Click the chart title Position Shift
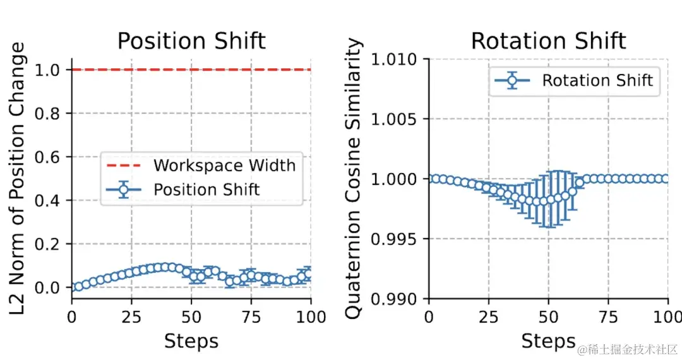pyautogui.click(x=191, y=41)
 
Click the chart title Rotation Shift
pyautogui.click(x=548, y=41)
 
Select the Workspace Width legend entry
pyautogui.click(x=224, y=165)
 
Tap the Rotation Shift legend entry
pyautogui.click(x=597, y=80)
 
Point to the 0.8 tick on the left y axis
pyautogui.click(x=54, y=114)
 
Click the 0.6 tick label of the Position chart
pyautogui.click(x=54, y=157)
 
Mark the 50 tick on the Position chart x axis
pyautogui.click(x=191, y=316)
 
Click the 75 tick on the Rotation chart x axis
pyautogui.click(x=608, y=316)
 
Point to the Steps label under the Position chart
pyautogui.click(x=191, y=342)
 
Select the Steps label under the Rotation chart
pyautogui.click(x=548, y=342)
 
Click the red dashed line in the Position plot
pyautogui.click(x=189, y=69)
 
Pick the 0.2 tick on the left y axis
pyautogui.click(x=54, y=244)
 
